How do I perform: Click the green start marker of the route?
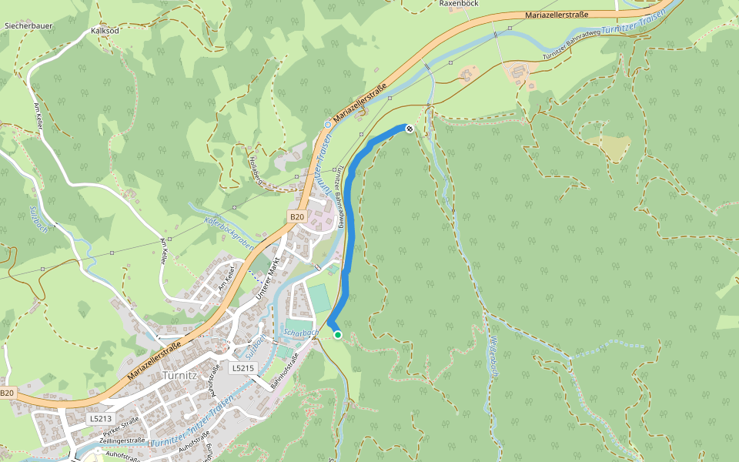(x=337, y=335)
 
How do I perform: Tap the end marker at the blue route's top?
(x=410, y=129)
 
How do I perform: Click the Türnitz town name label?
(x=182, y=376)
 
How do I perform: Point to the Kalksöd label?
(x=105, y=31)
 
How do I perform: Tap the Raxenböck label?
(x=460, y=4)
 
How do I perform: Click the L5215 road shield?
(x=242, y=369)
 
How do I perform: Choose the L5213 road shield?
(x=100, y=418)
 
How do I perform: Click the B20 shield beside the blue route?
(x=298, y=217)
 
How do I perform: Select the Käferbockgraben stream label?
(x=229, y=230)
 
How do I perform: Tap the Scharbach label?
(x=301, y=333)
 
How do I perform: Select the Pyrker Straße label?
(x=122, y=430)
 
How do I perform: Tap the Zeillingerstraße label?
(x=122, y=440)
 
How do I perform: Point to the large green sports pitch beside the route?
(x=320, y=299)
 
